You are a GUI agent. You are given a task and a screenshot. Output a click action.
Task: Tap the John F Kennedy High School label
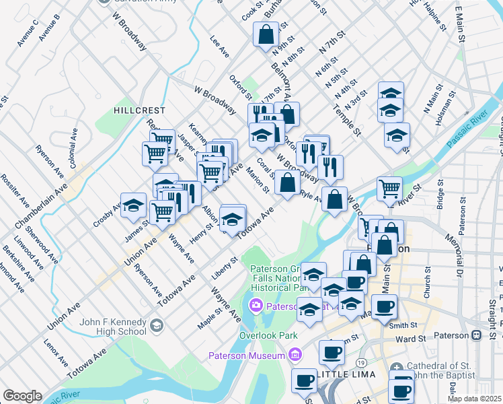113,327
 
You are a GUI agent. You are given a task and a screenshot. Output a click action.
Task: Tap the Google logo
22,396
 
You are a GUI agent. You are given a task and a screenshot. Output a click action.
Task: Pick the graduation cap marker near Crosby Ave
133,205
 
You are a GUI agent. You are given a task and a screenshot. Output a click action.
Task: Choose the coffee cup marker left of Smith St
384,307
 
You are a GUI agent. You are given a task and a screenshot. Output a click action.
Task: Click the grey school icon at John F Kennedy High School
157,327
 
